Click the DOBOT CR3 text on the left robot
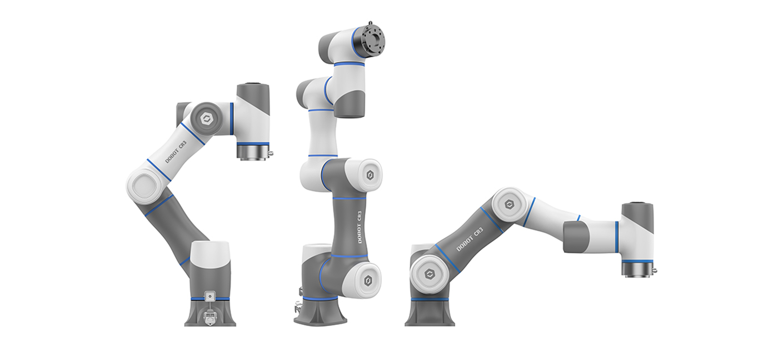[x=176, y=152]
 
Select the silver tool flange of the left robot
[x=253, y=152]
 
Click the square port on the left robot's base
[x=210, y=297]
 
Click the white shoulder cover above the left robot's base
[x=210, y=255]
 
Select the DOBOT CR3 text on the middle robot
[x=359, y=227]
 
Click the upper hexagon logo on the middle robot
[x=370, y=176]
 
